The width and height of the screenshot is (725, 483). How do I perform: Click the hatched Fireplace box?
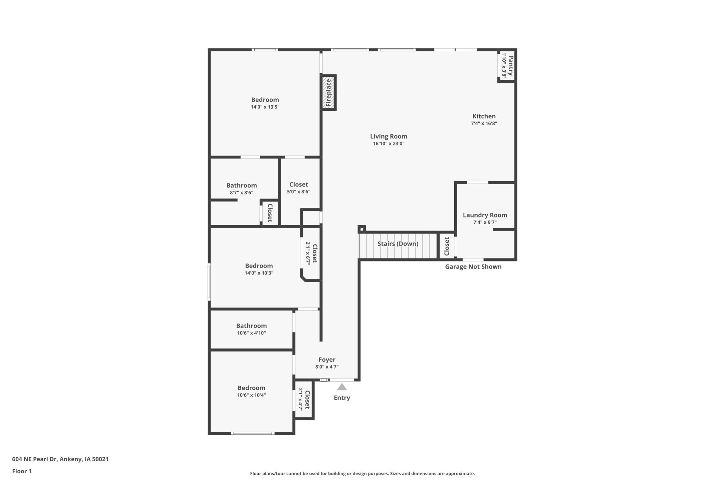[328, 92]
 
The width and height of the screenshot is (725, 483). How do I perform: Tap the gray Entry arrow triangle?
[342, 387]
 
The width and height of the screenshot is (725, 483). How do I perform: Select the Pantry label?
[511, 65]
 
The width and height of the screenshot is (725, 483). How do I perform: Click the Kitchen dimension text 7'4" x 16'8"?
[484, 123]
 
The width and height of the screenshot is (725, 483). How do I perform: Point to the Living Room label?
[389, 136]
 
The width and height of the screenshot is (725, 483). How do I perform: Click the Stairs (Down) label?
[398, 244]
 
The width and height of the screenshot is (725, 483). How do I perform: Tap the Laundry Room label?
[485, 215]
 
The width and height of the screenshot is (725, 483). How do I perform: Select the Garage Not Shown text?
[473, 267]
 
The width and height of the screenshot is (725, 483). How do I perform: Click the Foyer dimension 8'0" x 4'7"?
[327, 367]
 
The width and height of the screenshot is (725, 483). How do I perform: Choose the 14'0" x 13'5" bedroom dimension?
[265, 107]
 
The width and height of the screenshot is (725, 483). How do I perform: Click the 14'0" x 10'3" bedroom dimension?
[259, 273]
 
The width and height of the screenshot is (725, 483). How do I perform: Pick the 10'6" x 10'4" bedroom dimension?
[251, 395]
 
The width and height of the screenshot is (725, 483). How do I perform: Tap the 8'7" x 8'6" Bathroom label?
[241, 185]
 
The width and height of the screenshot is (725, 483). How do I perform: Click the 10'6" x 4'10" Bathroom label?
[251, 326]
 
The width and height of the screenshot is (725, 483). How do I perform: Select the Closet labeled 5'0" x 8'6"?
[298, 184]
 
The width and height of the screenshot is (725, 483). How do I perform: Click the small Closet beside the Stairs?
[447, 246]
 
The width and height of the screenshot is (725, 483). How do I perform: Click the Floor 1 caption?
[22, 471]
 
